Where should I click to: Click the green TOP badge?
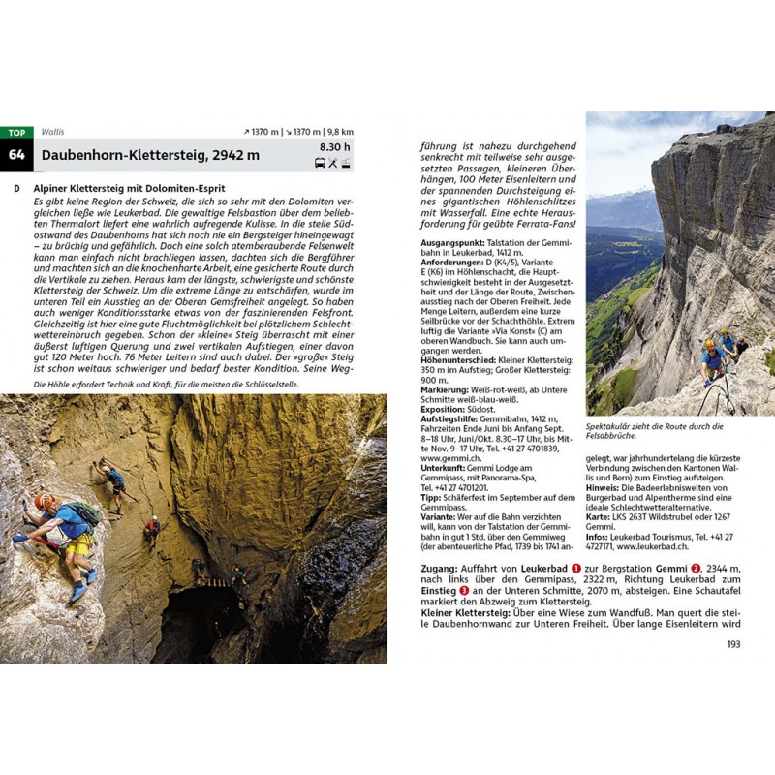pos(16,132)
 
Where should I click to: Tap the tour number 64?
pos(16,154)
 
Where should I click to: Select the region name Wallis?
pos(52,132)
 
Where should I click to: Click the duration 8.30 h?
pos(334,147)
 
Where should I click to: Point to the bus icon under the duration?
pos(320,163)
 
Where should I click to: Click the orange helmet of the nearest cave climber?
pos(45,501)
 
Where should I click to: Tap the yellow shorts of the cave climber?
pos(78,544)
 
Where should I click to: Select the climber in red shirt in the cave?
pos(152,528)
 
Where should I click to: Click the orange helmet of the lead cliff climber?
pos(710,345)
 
